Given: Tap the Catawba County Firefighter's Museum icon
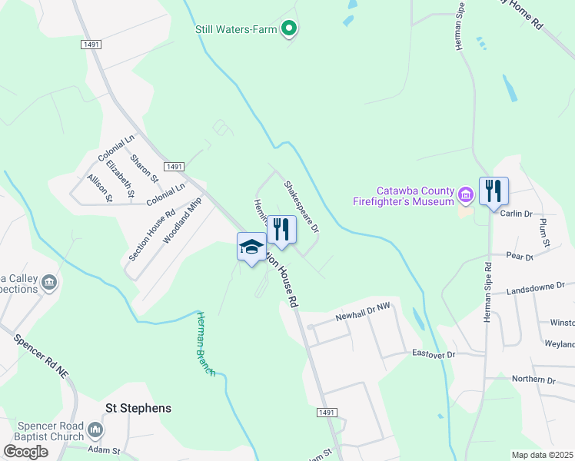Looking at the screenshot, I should (x=464, y=195).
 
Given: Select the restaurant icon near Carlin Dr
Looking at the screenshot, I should (x=494, y=190).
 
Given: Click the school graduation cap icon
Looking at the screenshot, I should (x=251, y=247).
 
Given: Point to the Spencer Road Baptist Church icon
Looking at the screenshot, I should (x=95, y=429).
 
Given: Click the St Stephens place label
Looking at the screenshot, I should (x=138, y=408).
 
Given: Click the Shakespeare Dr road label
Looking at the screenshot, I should (x=301, y=207).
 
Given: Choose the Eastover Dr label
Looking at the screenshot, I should (x=434, y=354).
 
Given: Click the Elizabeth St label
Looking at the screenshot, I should (x=121, y=178).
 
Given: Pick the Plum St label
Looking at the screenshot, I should (x=545, y=232).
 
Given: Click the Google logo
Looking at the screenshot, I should (x=26, y=452).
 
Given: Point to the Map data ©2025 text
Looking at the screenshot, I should (x=542, y=455).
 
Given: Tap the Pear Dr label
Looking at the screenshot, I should (x=520, y=257).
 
